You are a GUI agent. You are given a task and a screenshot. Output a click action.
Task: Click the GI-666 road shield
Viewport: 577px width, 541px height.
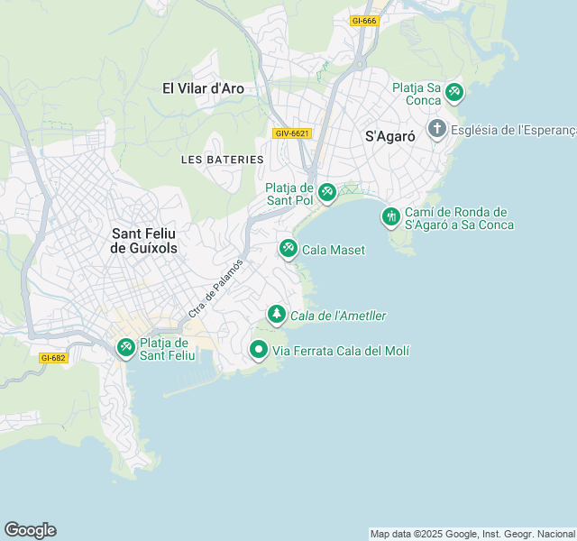click(364, 21)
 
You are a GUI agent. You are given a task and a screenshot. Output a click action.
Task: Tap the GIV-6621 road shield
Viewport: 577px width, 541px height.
click(292, 133)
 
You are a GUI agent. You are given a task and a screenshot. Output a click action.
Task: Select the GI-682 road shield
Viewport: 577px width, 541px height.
click(53, 358)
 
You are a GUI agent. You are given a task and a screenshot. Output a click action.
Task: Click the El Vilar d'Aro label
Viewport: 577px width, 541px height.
click(204, 88)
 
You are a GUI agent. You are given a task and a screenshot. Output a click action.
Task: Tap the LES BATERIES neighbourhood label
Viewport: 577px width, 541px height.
click(223, 160)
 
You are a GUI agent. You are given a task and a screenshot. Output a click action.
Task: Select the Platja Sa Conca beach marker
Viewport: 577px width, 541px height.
click(454, 91)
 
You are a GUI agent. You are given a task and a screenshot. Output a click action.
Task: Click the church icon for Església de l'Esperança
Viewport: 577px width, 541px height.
click(437, 129)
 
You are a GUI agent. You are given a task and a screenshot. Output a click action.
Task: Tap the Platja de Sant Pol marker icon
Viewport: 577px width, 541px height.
click(327, 192)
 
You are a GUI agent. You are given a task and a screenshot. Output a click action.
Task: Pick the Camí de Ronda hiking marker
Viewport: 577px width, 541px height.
click(390, 216)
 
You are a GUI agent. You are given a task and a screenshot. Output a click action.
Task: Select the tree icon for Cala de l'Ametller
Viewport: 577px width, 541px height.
click(276, 315)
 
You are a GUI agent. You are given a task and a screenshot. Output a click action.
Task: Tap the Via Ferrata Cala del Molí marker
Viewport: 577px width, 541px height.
click(259, 349)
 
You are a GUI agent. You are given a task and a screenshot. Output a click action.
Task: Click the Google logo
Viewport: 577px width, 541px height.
click(30, 530)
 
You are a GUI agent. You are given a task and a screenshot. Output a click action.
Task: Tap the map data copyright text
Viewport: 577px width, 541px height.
click(472, 534)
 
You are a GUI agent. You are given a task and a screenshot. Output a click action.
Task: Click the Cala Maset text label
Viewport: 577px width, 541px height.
click(334, 250)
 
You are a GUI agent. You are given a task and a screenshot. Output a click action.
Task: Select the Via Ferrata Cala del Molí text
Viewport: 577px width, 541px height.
click(334, 350)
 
